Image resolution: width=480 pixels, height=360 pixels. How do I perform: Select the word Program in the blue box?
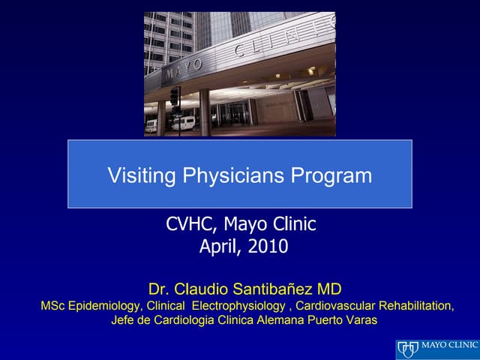tap(331, 176)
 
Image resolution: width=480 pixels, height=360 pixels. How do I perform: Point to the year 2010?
tap(268, 246)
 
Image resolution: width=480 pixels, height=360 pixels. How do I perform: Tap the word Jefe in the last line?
tap(123, 320)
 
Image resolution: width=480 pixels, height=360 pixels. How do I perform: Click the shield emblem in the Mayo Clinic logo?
tap(409, 349)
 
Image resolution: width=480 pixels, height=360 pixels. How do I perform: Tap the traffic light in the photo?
tap(175, 96)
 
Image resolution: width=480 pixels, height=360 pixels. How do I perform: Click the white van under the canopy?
tap(183, 123)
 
